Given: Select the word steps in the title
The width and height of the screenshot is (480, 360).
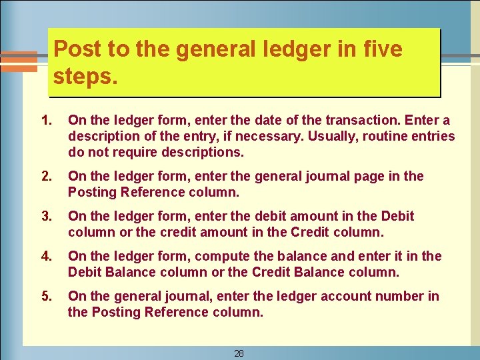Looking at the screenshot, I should pyautogui.click(x=83, y=76).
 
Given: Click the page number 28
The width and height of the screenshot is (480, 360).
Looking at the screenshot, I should pyautogui.click(x=239, y=353).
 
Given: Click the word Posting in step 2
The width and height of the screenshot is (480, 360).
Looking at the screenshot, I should pyautogui.click(x=93, y=193).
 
